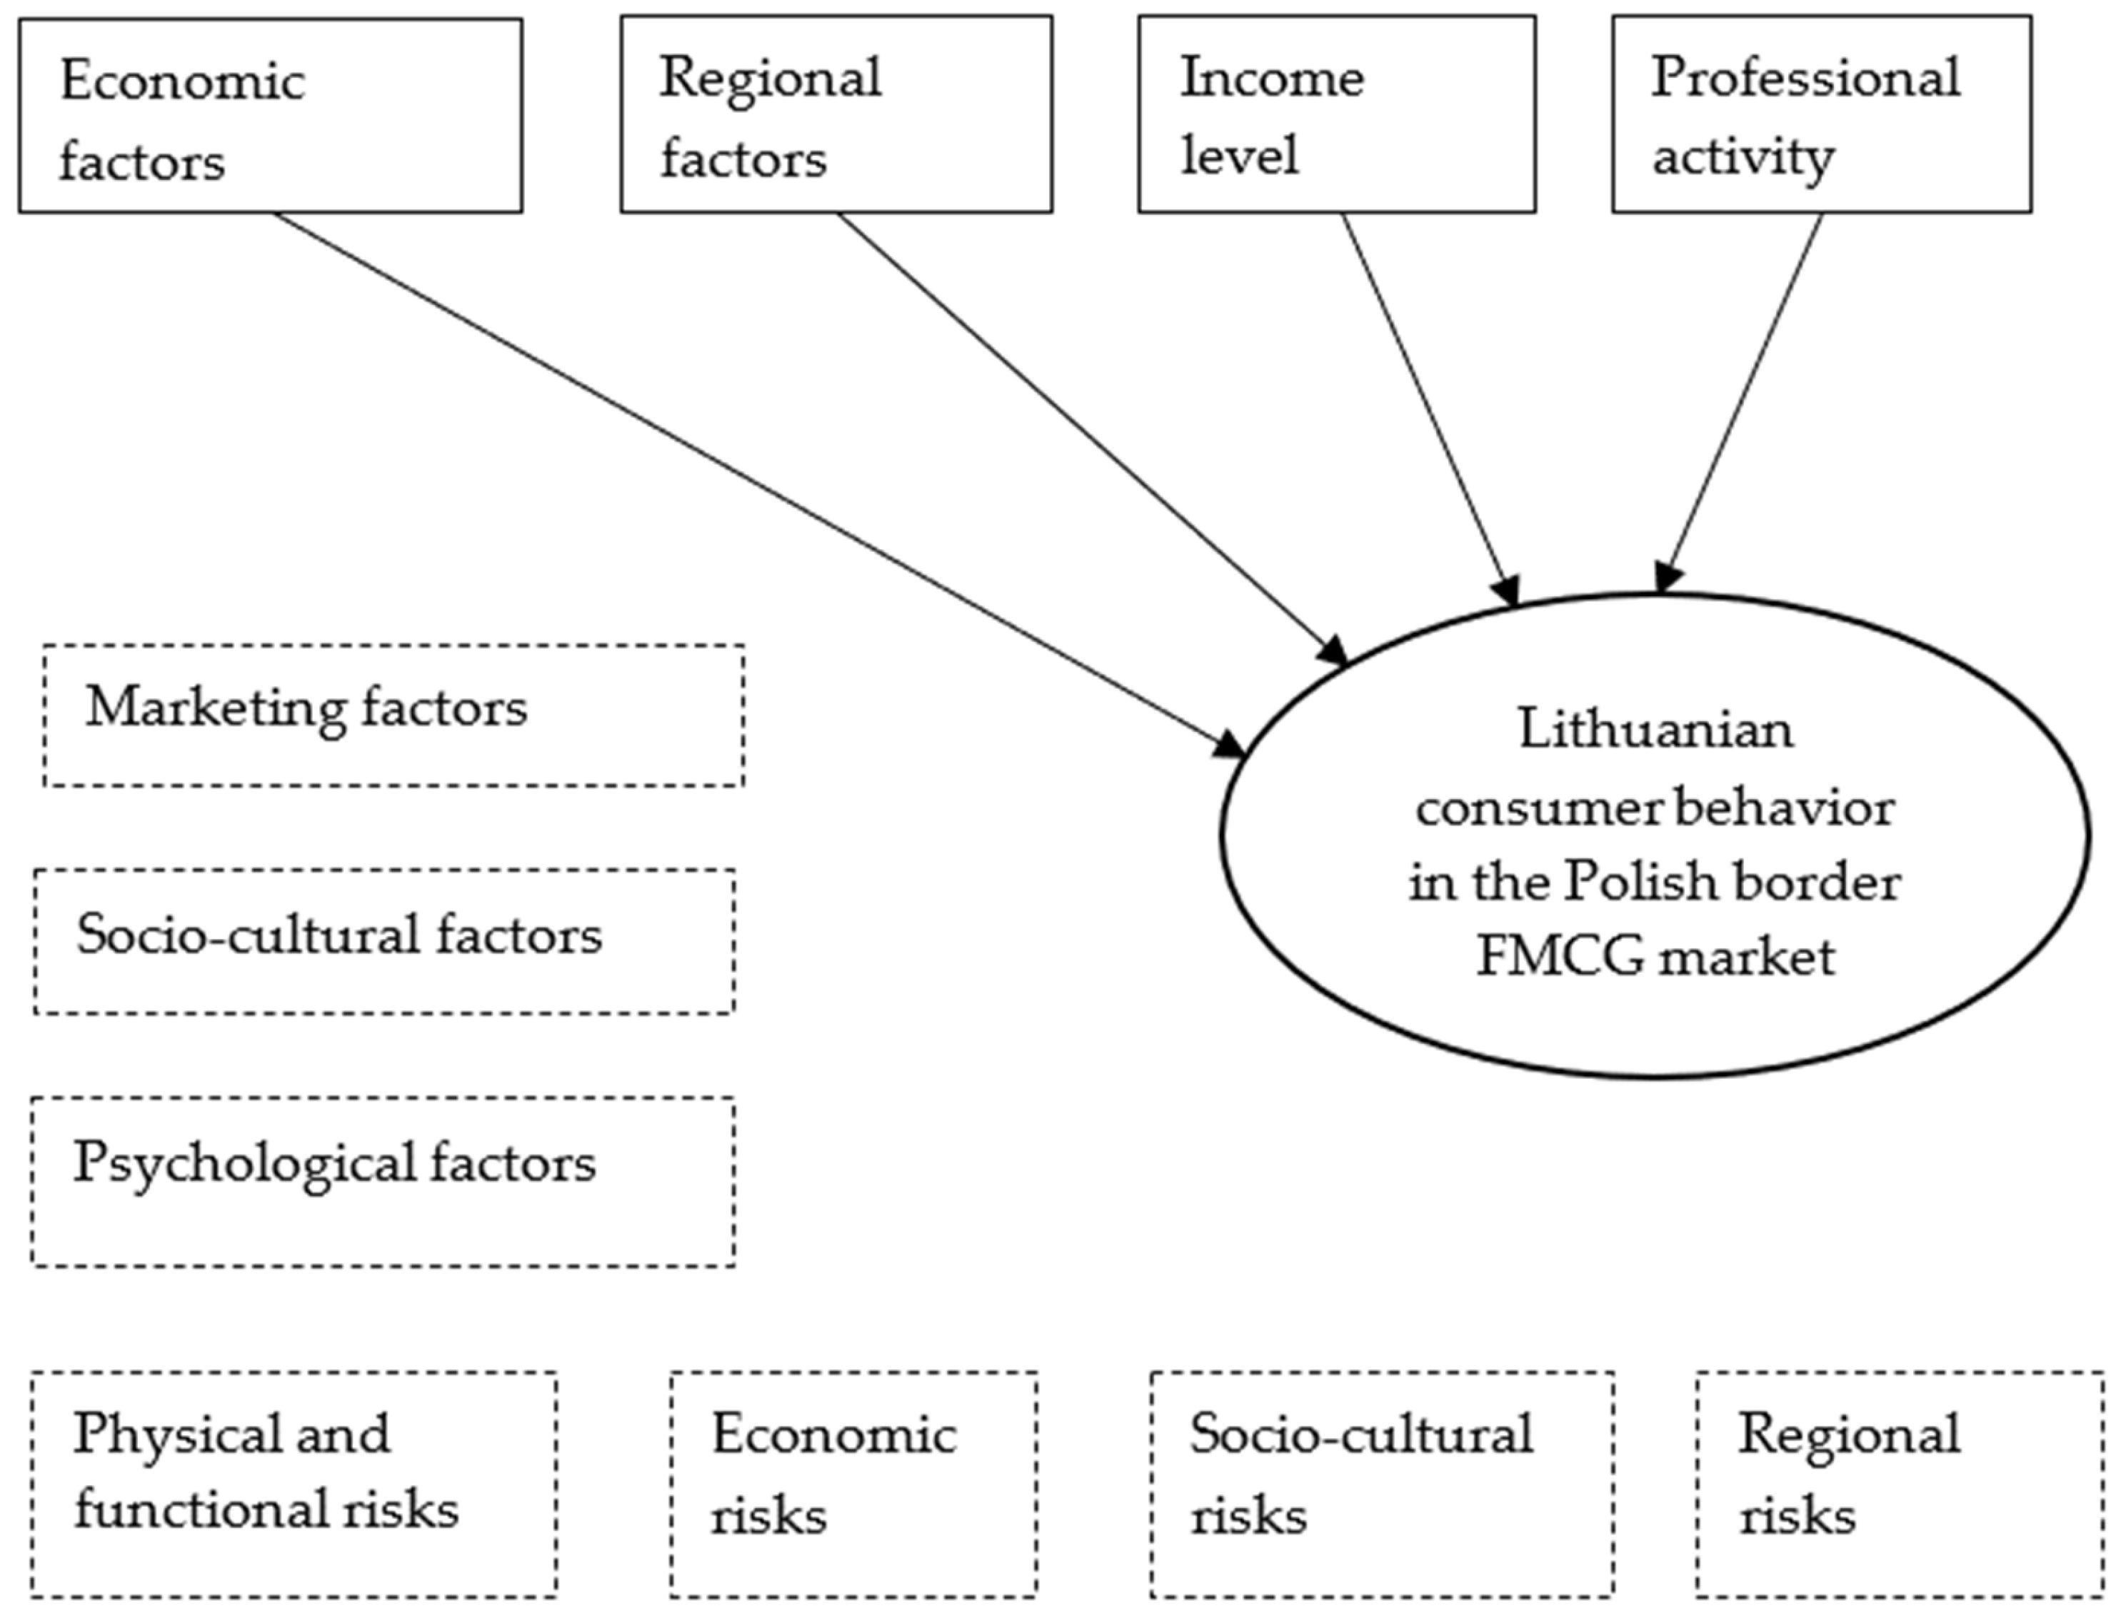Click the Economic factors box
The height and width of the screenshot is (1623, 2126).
click(271, 116)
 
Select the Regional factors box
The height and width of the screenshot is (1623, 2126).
click(836, 114)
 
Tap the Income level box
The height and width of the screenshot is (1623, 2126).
click(1336, 114)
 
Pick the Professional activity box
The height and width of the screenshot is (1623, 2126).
click(1822, 114)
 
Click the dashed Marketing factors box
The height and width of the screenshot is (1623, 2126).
click(393, 715)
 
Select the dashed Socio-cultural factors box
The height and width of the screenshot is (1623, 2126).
click(385, 941)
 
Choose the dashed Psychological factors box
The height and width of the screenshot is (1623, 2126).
click(383, 1180)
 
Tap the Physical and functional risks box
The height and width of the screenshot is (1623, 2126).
click(294, 1483)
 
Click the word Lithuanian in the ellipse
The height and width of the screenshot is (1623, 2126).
click(1655, 729)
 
